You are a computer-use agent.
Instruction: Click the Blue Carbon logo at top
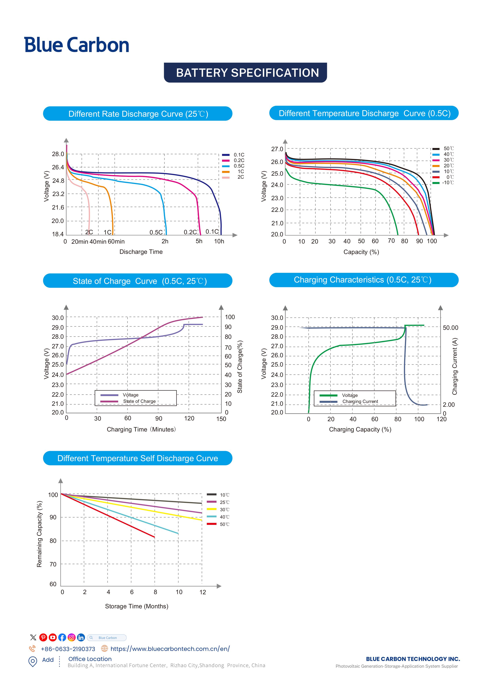point(77,45)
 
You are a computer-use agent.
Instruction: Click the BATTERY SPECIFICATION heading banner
point(245,73)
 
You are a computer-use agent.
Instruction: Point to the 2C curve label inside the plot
point(89,232)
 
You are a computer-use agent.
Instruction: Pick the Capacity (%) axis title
point(361,252)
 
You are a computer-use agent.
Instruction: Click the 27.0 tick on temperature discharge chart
point(277,149)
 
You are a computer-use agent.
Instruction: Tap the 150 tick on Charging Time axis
point(221,419)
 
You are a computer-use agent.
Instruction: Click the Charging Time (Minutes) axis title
point(141,429)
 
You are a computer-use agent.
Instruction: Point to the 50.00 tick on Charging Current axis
point(450,328)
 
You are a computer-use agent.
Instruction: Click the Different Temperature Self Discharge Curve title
point(138,458)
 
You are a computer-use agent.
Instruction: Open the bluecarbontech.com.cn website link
point(170,649)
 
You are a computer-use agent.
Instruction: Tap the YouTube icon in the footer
point(53,637)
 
